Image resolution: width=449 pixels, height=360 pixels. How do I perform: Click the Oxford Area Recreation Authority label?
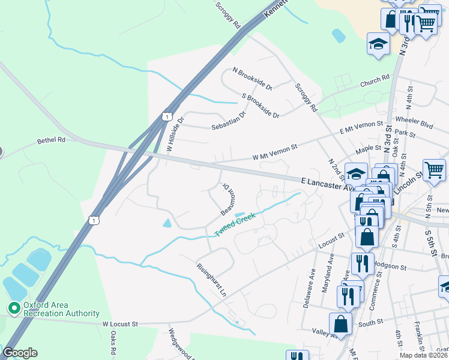coord(61,309)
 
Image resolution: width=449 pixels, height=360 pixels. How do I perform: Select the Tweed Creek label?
coord(235,224)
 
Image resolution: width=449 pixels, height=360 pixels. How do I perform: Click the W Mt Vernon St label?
coord(275,152)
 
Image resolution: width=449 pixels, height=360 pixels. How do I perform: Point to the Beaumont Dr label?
coord(227,199)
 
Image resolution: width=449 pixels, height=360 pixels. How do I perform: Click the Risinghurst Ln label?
coord(212,278)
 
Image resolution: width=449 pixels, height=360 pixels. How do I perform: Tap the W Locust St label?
coord(119,324)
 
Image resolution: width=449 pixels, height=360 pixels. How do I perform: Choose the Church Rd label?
coord(375,81)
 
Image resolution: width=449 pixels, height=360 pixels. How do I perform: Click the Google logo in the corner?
coord(20,353)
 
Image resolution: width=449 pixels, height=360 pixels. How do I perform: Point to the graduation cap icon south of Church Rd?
coord(379,45)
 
